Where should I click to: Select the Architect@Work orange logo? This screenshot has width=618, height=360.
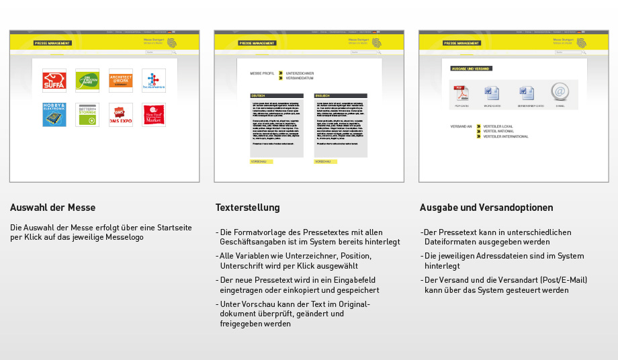[x=121, y=81]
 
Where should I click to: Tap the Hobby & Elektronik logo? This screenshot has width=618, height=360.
[x=54, y=115]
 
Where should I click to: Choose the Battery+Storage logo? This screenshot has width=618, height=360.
[x=87, y=115]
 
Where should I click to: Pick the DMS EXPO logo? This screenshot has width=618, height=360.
[x=121, y=115]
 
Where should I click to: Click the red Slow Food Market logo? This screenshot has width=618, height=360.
[x=154, y=115]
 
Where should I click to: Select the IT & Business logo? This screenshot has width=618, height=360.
[x=154, y=81]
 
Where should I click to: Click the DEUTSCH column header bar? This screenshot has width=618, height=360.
[x=276, y=96]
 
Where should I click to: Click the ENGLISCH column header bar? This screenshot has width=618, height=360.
[x=341, y=96]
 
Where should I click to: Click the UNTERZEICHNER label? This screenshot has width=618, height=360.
[x=300, y=73]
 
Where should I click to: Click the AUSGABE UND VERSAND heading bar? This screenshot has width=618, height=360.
[x=471, y=69]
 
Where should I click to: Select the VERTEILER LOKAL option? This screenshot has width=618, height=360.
[x=498, y=126]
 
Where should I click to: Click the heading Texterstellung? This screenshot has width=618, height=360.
[x=247, y=208]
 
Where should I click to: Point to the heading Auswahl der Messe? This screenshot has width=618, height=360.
[x=52, y=208]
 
